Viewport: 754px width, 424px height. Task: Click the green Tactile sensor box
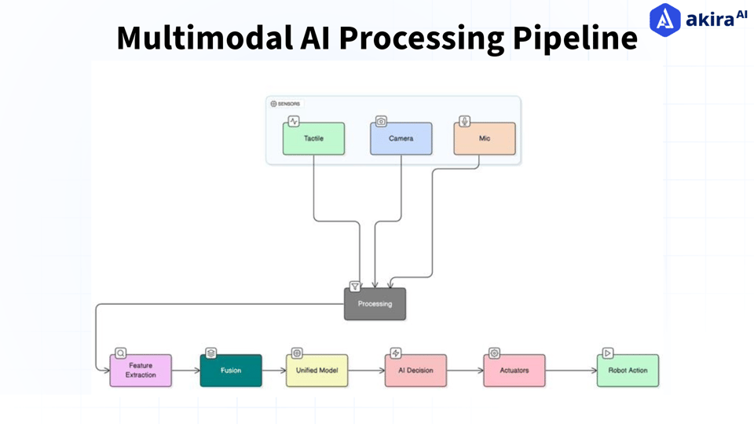click(313, 138)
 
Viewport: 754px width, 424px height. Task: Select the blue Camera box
click(401, 138)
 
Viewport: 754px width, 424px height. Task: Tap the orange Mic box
click(485, 138)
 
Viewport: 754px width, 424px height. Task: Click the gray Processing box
click(375, 304)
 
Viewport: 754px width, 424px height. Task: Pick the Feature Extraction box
click(141, 371)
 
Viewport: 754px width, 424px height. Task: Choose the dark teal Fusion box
click(231, 371)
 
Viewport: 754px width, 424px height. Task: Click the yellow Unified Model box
click(317, 371)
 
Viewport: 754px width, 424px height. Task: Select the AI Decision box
click(416, 371)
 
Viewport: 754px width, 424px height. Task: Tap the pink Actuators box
click(514, 371)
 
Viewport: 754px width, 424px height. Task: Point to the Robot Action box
click(628, 371)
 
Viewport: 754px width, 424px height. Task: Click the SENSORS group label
click(286, 104)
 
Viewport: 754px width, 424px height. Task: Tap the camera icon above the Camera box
click(382, 121)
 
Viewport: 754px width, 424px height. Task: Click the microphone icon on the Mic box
click(464, 121)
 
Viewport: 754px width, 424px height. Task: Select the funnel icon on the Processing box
click(355, 287)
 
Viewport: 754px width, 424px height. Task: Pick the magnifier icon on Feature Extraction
click(121, 353)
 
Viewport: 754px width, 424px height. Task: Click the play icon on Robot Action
click(608, 353)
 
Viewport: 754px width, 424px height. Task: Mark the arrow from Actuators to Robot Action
click(571, 371)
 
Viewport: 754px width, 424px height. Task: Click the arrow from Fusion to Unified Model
click(274, 371)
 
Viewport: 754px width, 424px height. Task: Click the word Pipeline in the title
click(575, 38)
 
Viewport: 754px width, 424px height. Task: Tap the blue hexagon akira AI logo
click(665, 20)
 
